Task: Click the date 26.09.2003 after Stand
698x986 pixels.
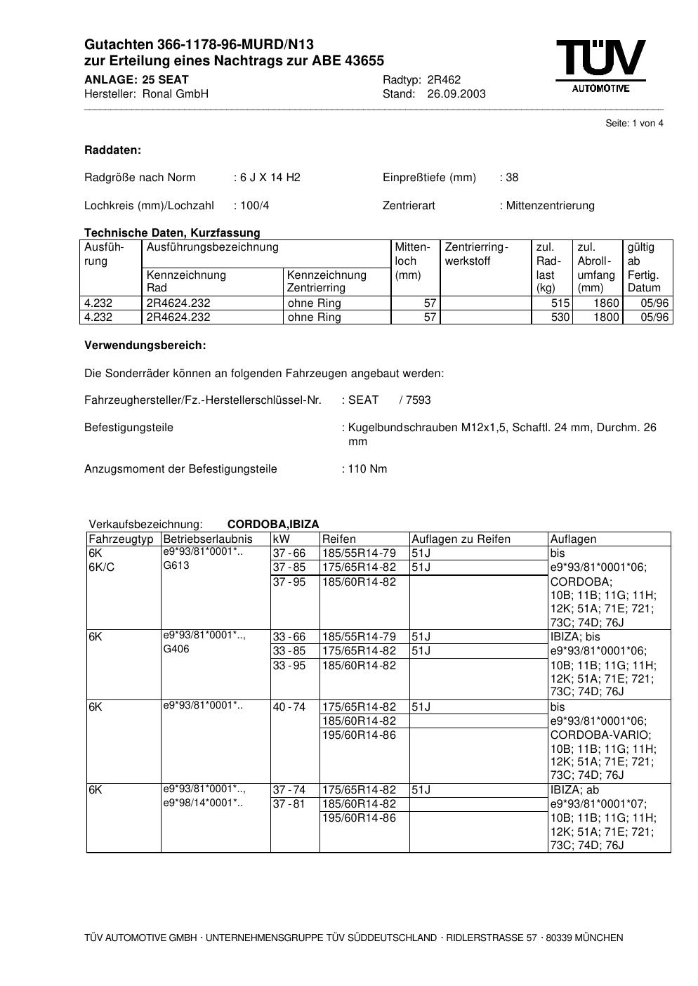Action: [x=456, y=94]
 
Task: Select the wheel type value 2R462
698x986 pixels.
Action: [x=444, y=80]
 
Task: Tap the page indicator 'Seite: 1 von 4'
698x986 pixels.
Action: [x=634, y=124]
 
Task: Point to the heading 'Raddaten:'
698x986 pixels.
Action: [x=112, y=150]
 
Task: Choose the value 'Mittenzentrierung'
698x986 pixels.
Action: [x=550, y=206]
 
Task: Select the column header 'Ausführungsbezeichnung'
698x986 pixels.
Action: [x=212, y=247]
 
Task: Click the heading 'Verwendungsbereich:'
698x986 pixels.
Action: [x=145, y=346]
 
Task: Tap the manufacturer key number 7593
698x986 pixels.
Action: [x=417, y=400]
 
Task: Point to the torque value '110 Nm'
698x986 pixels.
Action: [x=367, y=469]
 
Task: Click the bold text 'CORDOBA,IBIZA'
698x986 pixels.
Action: [x=273, y=525]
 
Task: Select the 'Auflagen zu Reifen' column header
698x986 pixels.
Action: [x=461, y=539]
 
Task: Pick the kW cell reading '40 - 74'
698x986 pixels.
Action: [x=289, y=707]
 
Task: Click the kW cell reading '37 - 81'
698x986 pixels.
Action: [x=289, y=804]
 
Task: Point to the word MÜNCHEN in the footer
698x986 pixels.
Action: [x=598, y=938]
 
